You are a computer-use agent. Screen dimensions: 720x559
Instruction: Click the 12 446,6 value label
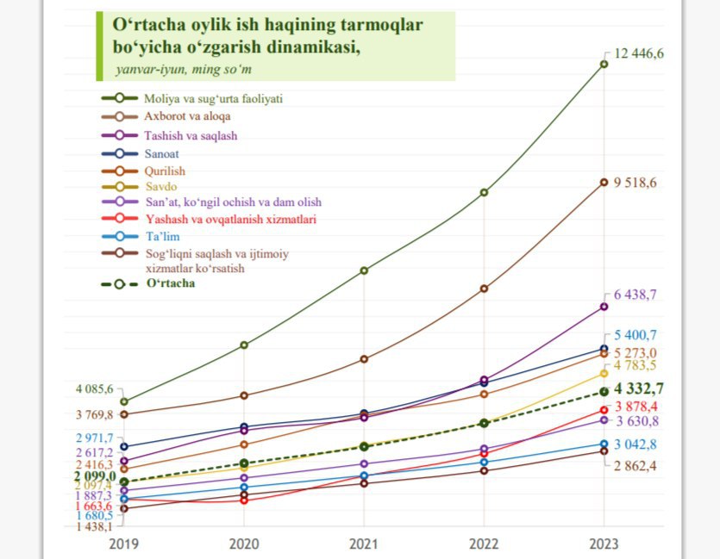639,53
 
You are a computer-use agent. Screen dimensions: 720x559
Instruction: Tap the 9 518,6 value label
635,183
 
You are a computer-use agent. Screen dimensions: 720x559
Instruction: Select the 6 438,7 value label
635,295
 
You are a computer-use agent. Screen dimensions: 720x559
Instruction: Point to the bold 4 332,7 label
639,388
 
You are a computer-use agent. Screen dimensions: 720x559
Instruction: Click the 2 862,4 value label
635,466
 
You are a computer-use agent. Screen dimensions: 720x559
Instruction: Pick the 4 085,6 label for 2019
94,389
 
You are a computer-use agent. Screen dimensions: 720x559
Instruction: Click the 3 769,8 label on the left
94,415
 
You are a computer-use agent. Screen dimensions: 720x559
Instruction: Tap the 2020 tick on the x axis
244,543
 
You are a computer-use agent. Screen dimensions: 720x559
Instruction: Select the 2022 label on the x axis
484,543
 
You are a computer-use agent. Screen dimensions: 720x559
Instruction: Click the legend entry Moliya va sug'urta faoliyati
192,98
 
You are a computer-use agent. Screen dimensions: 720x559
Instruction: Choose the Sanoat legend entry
140,153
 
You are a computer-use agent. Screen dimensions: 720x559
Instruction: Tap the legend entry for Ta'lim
141,237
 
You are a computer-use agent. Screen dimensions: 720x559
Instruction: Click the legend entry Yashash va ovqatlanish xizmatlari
209,219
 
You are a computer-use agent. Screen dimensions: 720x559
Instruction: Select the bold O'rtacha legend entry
147,283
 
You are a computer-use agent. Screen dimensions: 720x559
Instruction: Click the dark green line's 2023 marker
604,65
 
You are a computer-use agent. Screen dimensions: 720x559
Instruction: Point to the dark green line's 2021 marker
364,270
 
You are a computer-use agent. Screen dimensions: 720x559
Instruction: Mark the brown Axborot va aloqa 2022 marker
484,289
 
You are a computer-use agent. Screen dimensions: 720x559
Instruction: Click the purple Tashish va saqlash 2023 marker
604,307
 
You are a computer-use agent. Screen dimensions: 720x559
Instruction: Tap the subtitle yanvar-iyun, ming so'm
184,70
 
